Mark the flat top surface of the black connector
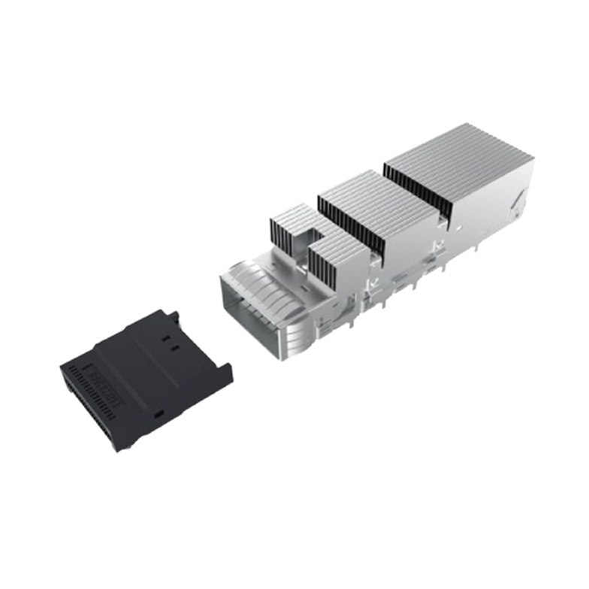tap(150, 361)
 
